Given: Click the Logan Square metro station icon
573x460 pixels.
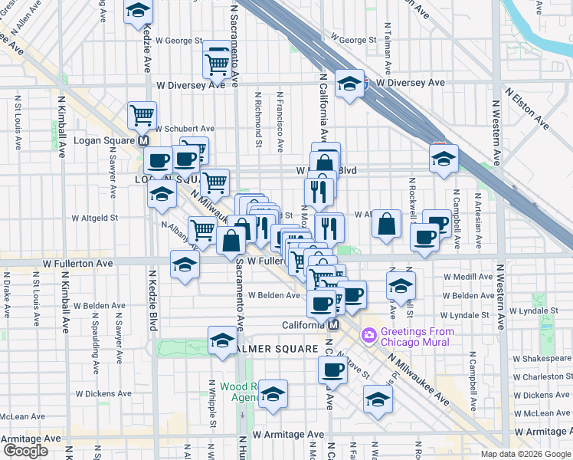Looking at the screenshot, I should pos(142,141).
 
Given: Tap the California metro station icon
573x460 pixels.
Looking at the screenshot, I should pos(333,325).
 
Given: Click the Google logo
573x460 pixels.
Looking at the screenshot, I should pos(25,451).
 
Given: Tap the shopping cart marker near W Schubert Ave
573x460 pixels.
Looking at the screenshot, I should pos(142,116).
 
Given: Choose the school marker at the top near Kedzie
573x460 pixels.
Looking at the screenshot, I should pos(138,11).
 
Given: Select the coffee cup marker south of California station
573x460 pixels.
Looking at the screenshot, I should pos(332,370).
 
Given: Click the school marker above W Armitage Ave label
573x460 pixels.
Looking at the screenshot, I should pos(273,394).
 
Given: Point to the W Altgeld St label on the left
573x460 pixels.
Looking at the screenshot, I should pos(95,218).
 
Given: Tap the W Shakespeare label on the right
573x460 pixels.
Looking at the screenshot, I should pos(540,358).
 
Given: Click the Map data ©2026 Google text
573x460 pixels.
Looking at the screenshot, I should pos(525,454).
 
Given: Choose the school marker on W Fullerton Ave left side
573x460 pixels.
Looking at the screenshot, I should pos(184,267).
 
